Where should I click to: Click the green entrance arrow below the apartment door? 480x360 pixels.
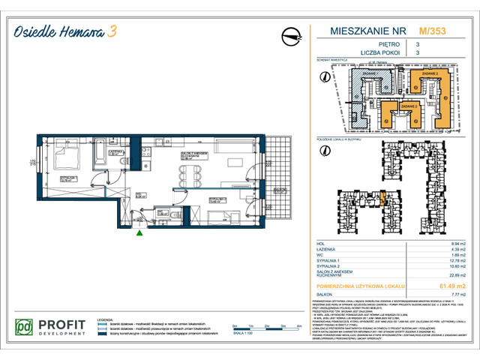coord(138,233)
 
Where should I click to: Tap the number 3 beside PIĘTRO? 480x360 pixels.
coord(418,45)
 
